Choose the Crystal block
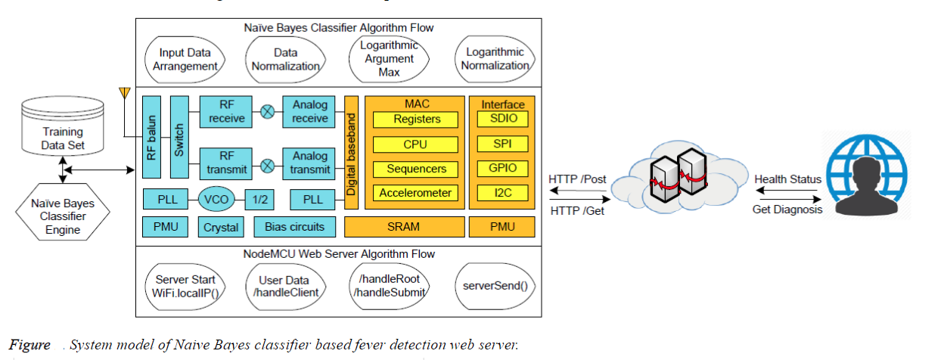coord(221,227)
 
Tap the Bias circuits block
coord(294,227)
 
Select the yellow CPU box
coord(416,144)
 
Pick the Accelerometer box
coord(416,193)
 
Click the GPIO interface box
coord(502,168)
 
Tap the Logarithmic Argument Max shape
coord(385,59)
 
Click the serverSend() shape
coord(495,287)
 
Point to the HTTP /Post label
coord(577,179)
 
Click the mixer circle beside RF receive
coord(267,111)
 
